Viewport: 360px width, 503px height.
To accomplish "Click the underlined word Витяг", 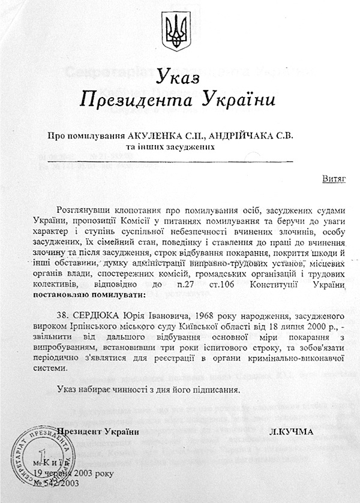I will point(332,179).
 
